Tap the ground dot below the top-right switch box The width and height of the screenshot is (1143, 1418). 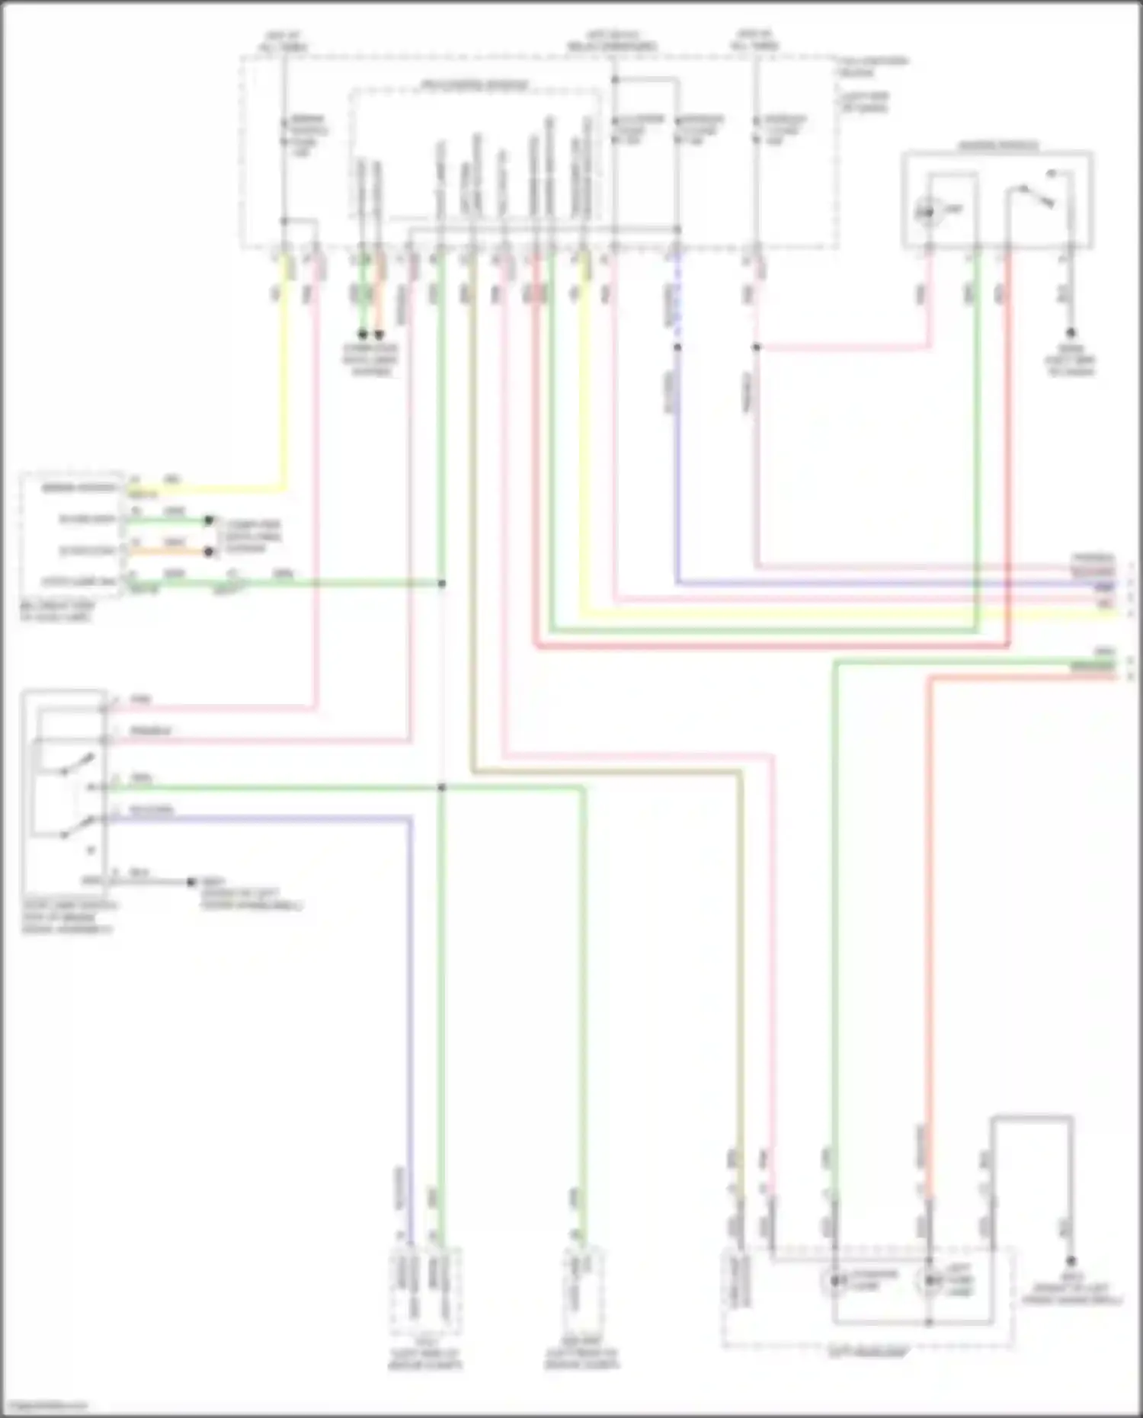pos(1071,333)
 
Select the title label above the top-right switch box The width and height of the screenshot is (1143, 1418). pos(997,146)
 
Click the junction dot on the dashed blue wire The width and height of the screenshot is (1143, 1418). pos(677,347)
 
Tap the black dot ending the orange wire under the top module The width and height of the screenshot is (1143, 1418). pos(379,334)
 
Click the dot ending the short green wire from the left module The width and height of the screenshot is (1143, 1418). pos(208,521)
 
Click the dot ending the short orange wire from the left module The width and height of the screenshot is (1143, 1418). pos(208,552)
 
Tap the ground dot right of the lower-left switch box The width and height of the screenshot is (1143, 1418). pos(191,882)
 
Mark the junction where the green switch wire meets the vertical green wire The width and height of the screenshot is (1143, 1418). pos(441,787)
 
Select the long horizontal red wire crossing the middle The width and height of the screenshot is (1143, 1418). pos(762,647)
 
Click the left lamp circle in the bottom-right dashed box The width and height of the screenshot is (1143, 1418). pos(835,1281)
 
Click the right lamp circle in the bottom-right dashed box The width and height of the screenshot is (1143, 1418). pos(929,1281)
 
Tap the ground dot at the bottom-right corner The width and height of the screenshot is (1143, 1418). pos(1071,1261)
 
